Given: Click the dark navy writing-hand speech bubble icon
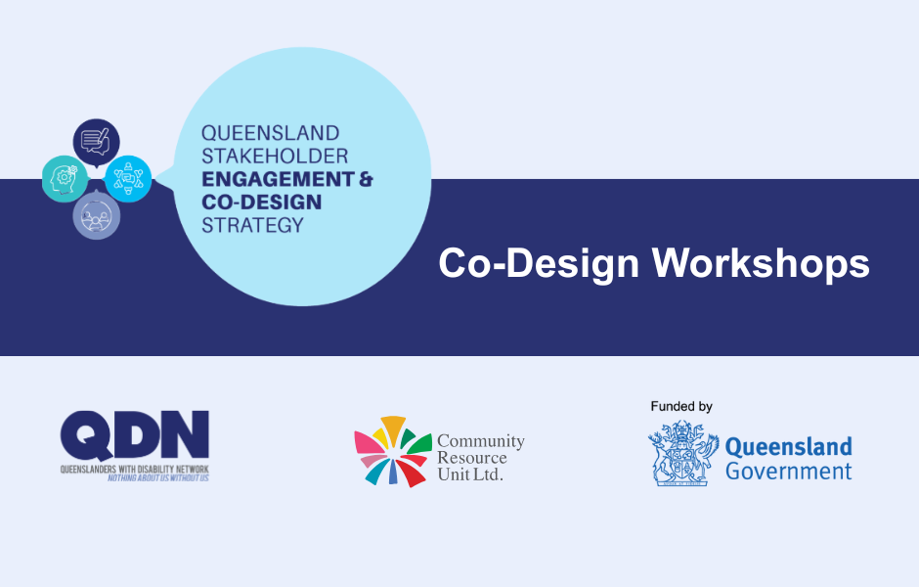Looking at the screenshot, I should (x=96, y=140).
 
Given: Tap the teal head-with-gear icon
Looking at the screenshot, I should (x=65, y=178).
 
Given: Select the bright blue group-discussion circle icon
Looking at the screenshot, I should (x=128, y=179).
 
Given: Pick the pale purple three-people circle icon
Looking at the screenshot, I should (x=96, y=216).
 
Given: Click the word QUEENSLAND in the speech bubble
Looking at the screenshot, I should (x=271, y=132).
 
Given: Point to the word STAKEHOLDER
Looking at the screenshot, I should (x=275, y=156).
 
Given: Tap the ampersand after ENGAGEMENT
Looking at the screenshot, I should (x=364, y=179).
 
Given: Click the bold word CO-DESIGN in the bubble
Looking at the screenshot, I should (x=262, y=202).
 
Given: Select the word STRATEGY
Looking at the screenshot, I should (x=252, y=225).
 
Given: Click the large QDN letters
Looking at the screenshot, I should (x=134, y=435).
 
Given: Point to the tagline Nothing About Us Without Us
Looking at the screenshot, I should (x=157, y=478).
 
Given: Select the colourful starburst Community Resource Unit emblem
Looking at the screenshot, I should (x=392, y=451).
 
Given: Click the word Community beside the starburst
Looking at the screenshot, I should (x=480, y=442).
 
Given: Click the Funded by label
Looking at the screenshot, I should (x=681, y=406).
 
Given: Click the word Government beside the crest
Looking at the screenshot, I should (x=788, y=472).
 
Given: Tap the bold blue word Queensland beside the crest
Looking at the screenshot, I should (x=788, y=448).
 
